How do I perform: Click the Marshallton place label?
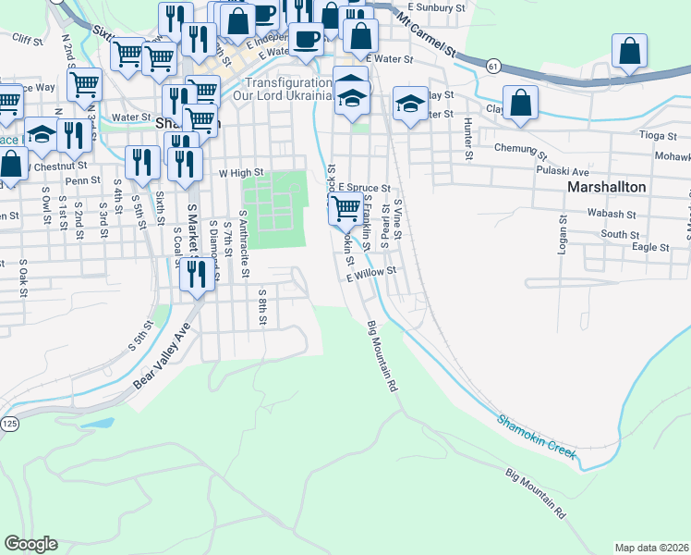605,187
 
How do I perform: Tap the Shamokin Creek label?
537,437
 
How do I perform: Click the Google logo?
30,544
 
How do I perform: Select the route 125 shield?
9,423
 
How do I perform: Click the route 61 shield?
494,66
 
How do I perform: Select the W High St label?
241,172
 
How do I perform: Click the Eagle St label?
650,247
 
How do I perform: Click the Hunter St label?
468,139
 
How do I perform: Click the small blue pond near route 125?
96,425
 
